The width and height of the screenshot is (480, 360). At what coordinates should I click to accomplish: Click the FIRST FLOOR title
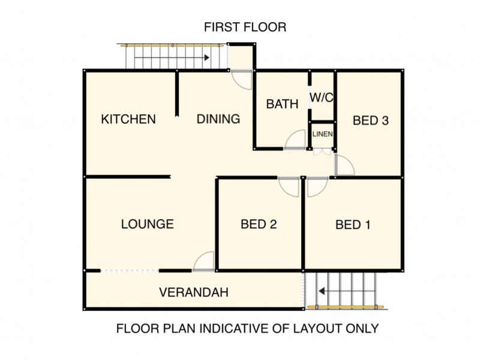click(x=245, y=27)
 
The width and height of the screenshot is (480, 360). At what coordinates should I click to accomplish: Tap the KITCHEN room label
click(x=128, y=119)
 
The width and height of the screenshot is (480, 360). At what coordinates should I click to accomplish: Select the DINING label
click(x=218, y=119)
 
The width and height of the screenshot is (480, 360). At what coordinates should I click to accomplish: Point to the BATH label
click(x=282, y=104)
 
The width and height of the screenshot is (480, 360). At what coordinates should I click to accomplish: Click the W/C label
click(x=322, y=98)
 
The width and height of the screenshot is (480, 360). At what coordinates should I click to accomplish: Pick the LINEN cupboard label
click(x=323, y=134)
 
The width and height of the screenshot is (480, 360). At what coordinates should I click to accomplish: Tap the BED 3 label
click(x=371, y=121)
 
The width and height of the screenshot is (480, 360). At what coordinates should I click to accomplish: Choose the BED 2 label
click(x=259, y=224)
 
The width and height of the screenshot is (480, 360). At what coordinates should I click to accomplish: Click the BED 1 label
click(x=353, y=225)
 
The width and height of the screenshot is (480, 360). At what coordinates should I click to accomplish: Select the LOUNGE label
click(x=148, y=224)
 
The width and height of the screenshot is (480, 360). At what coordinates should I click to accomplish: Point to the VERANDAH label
click(x=194, y=292)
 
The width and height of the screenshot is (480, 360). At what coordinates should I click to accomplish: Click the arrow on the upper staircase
click(x=172, y=58)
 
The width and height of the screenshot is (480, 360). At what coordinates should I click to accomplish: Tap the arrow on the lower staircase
click(x=346, y=291)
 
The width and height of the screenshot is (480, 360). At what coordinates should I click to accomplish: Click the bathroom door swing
click(x=290, y=136)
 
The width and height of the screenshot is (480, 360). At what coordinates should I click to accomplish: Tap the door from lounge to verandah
click(x=199, y=258)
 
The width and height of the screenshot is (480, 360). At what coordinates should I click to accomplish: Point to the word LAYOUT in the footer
click(x=317, y=328)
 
